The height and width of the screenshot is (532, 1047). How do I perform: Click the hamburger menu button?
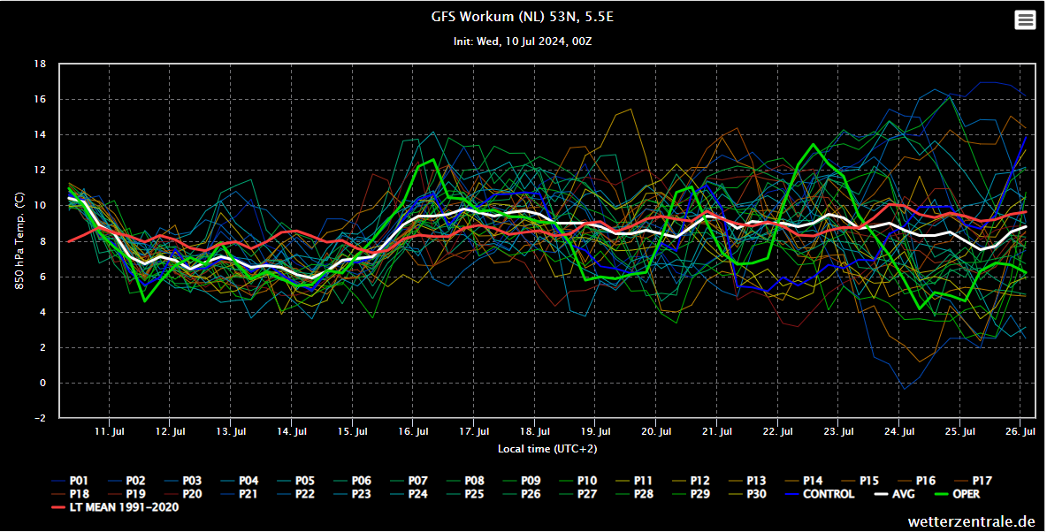1025,20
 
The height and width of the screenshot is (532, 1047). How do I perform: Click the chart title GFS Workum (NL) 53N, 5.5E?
522,18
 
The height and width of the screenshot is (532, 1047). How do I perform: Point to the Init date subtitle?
522,42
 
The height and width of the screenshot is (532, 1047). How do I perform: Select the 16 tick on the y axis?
40,100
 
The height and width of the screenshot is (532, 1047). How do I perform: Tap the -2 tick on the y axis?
40,418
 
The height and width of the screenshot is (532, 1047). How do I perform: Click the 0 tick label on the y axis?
42,383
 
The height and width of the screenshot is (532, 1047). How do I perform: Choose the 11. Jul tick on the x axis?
110,431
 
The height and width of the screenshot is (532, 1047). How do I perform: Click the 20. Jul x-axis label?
655,431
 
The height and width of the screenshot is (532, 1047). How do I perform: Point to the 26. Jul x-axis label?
1020,431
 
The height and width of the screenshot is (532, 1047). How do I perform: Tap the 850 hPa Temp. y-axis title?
19,241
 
